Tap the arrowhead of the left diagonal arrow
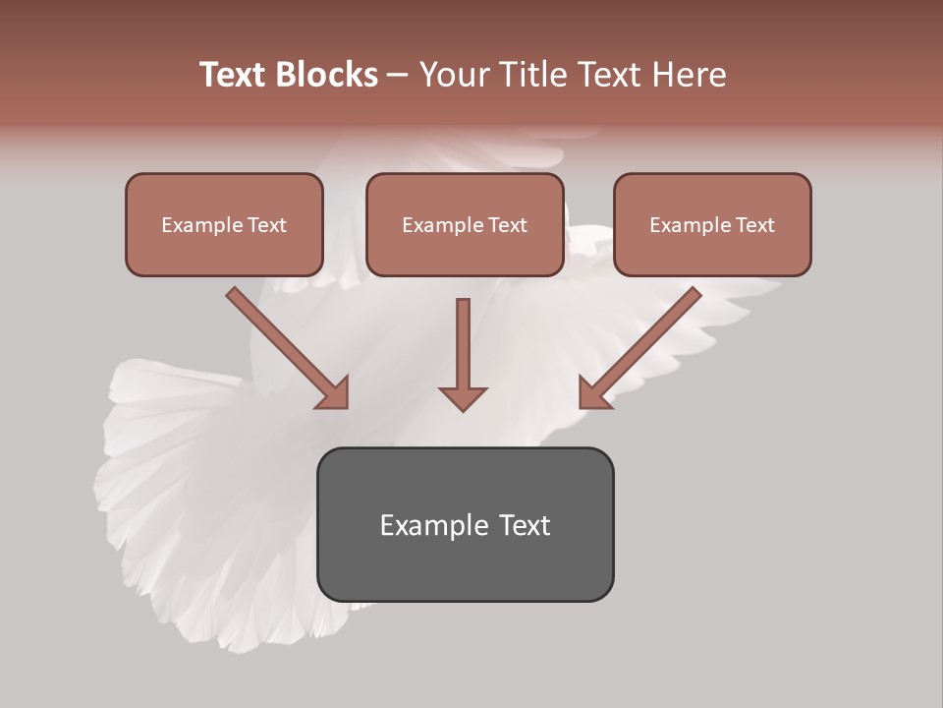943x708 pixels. click(x=334, y=393)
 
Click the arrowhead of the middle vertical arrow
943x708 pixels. click(x=463, y=398)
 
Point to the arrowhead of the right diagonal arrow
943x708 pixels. click(x=593, y=393)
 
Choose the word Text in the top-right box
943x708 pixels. click(x=754, y=225)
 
